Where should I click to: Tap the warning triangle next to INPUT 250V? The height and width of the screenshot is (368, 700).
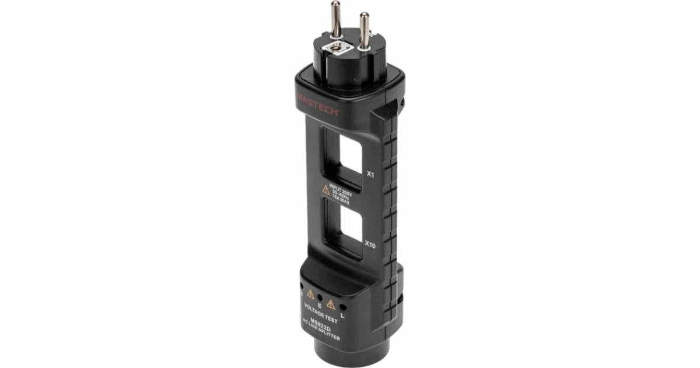[x=327, y=190]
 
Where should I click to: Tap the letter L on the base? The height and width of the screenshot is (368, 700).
[x=342, y=316]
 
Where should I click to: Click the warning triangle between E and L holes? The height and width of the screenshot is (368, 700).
[x=331, y=303]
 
